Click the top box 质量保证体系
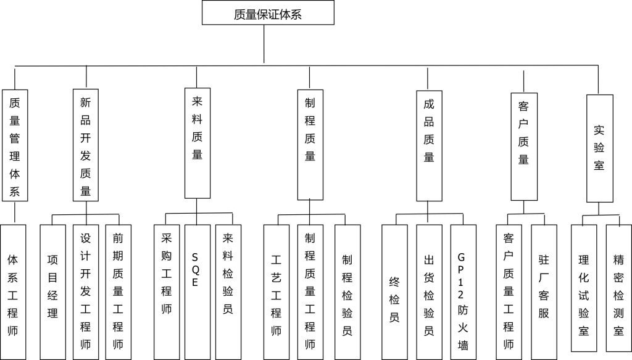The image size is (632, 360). [x=268, y=12]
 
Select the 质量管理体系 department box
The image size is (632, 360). [x=15, y=144]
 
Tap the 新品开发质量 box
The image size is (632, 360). [x=86, y=144]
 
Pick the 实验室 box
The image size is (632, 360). [x=599, y=148]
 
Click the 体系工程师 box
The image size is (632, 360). [x=13, y=291]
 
